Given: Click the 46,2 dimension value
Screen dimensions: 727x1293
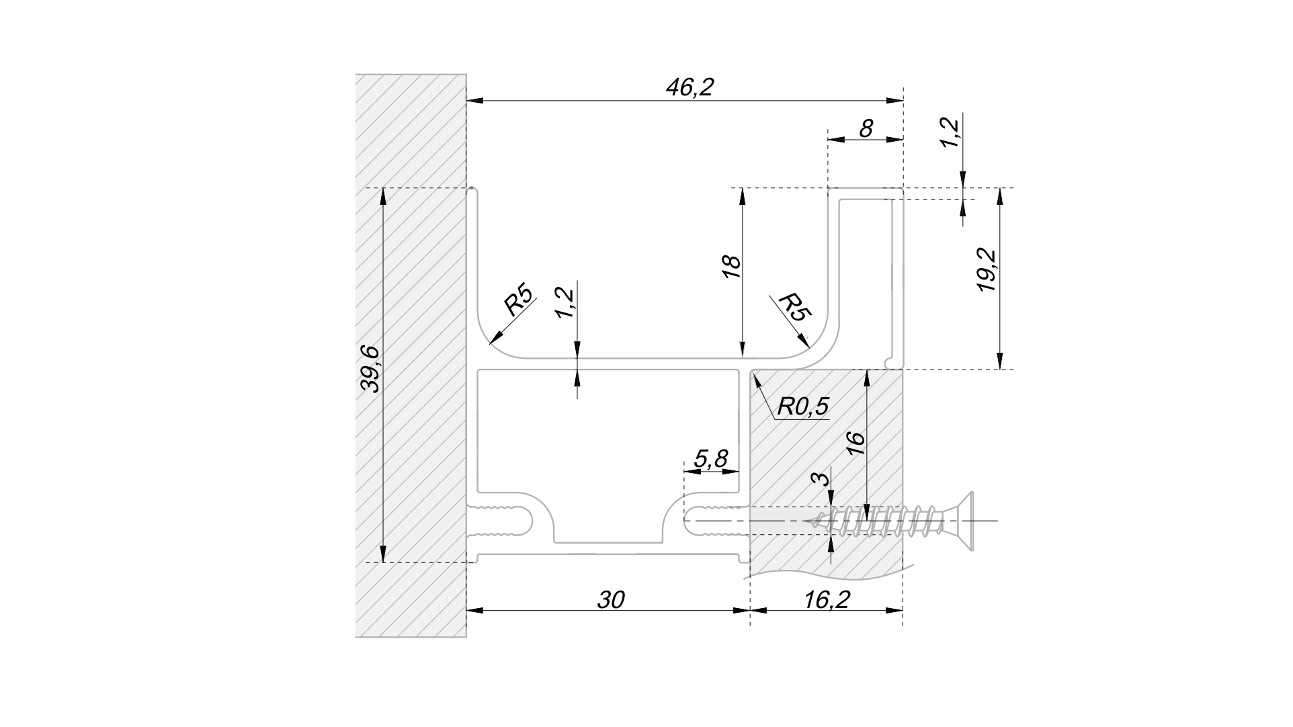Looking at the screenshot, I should (x=689, y=87).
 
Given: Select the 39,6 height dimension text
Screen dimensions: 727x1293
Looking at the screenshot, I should (x=370, y=369).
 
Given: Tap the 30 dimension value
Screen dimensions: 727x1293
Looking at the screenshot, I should (x=611, y=599).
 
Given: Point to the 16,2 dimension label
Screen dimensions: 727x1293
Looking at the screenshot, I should (x=827, y=599).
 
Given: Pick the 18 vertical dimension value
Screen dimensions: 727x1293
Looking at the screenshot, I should (x=731, y=267).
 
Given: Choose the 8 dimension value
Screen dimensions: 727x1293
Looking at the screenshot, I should (x=866, y=128).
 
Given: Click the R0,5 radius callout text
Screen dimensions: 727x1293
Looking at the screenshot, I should (x=803, y=407).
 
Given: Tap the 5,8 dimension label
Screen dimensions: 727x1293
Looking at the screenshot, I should (x=711, y=459).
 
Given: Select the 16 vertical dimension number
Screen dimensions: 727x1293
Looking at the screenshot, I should (x=855, y=443).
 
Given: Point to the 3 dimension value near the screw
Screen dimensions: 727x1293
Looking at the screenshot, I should (x=820, y=478).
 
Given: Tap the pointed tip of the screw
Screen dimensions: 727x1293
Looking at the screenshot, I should (x=810, y=521).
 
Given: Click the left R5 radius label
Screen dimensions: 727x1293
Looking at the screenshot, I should (x=519, y=300).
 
